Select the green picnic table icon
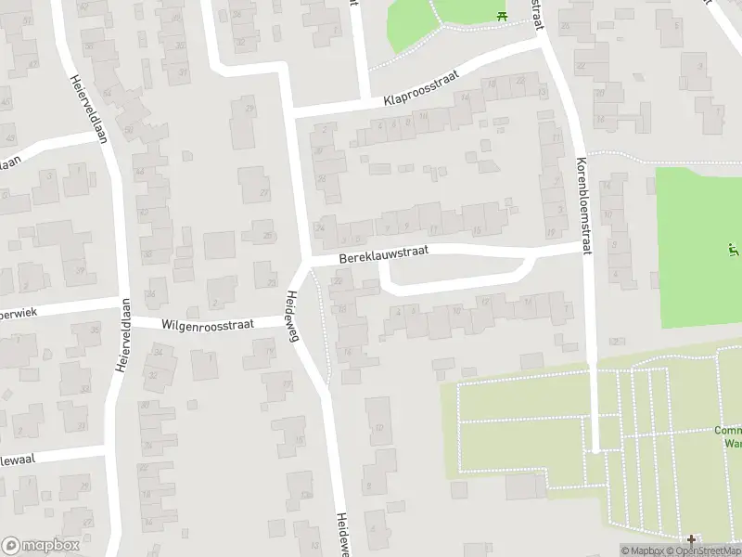(502, 14)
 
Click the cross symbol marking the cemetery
(690, 539)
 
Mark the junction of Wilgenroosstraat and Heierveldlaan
(122, 324)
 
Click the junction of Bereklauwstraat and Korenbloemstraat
(584, 248)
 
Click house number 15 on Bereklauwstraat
(477, 230)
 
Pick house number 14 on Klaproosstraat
(466, 96)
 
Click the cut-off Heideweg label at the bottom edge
(342, 535)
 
